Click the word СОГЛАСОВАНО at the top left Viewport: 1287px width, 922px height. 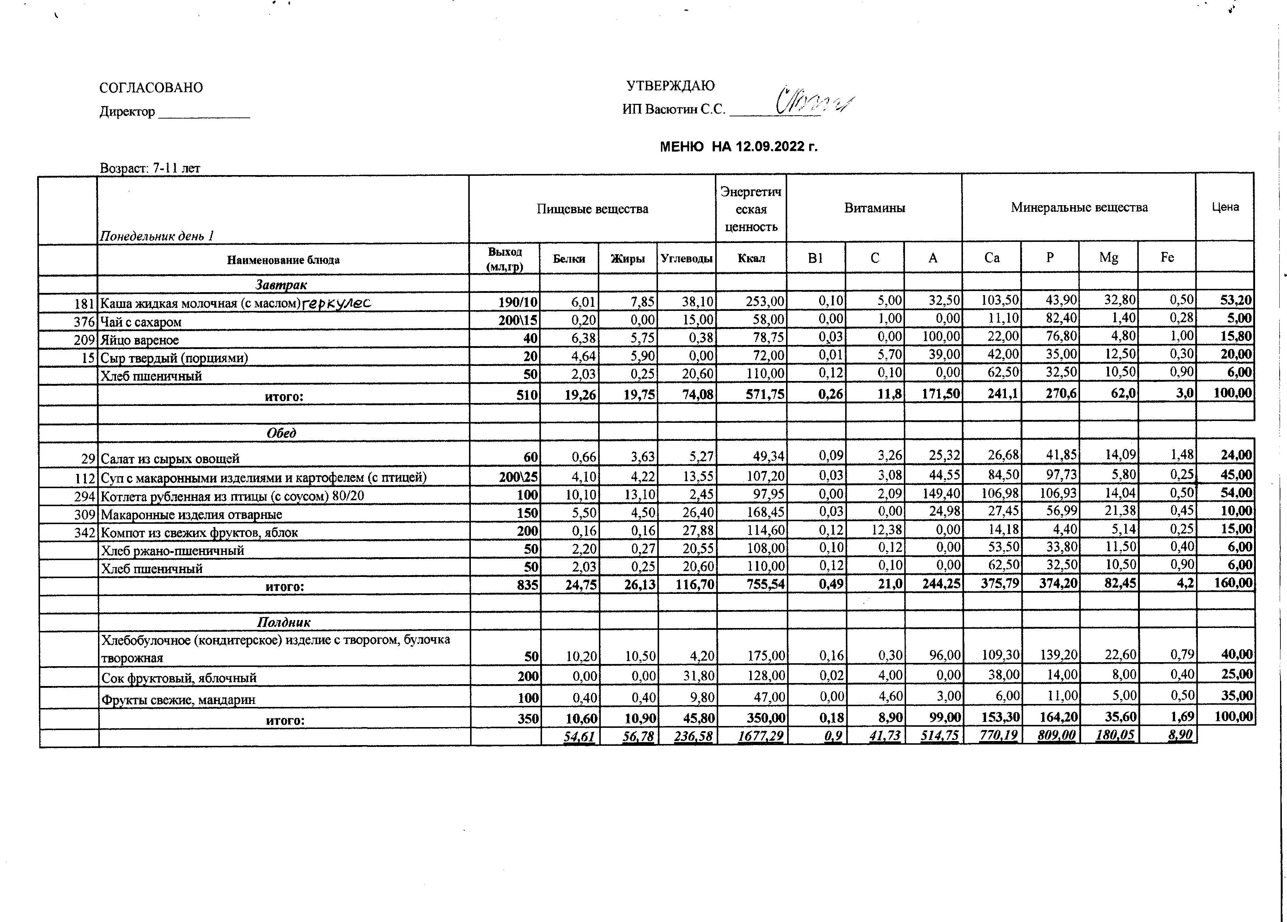[151, 88]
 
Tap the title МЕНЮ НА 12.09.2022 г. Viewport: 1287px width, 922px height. [738, 147]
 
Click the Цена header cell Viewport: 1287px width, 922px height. [1225, 207]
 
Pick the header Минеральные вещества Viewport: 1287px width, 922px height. [1079, 208]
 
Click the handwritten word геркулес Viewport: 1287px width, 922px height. [337, 303]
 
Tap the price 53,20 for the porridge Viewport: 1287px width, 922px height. [1236, 300]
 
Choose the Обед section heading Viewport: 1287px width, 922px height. [281, 433]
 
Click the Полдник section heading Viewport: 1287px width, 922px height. [284, 622]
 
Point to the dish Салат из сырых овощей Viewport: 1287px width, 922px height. [170, 458]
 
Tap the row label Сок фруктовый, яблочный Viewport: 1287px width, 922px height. [179, 678]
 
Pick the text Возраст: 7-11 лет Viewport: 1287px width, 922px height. [150, 168]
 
